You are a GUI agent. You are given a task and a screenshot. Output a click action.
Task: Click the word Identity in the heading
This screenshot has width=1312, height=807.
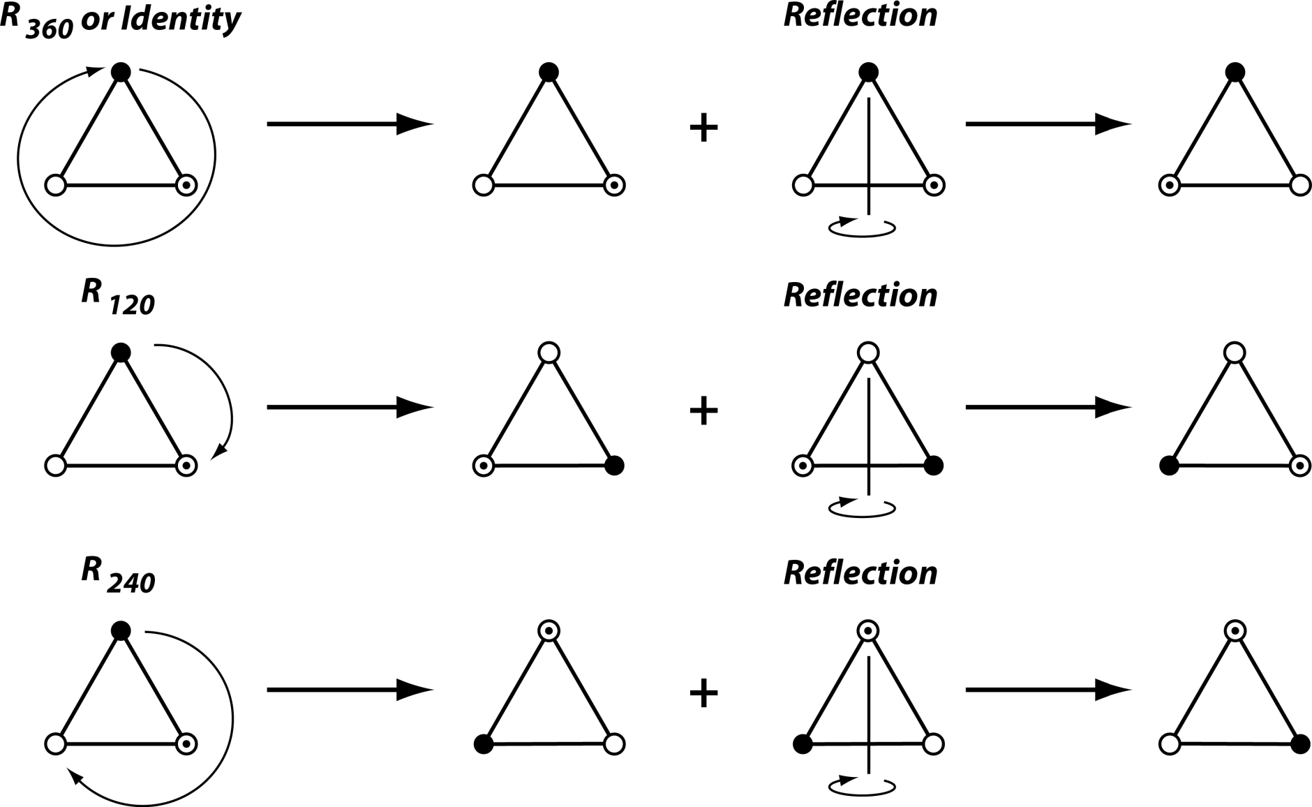tap(181, 19)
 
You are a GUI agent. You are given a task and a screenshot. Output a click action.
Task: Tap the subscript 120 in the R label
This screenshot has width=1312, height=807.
tap(132, 306)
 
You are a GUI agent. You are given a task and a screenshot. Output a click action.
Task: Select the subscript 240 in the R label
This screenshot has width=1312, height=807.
tap(132, 582)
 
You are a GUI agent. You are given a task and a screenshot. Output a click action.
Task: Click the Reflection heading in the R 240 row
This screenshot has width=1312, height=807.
tap(860, 573)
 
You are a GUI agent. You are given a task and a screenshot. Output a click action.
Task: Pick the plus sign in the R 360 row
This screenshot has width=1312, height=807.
tap(703, 129)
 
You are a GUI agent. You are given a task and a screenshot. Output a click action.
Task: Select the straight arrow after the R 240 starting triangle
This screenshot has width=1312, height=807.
tap(349, 690)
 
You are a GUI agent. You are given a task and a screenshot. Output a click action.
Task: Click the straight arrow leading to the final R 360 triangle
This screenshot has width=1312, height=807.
tap(1047, 124)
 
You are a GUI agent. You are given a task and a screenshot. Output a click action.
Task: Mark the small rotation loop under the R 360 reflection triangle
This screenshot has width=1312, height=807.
tap(862, 228)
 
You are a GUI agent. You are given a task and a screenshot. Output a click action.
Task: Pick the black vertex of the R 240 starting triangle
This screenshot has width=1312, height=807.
tap(121, 631)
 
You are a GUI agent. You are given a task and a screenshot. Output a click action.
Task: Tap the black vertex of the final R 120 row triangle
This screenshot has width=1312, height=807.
tap(1169, 466)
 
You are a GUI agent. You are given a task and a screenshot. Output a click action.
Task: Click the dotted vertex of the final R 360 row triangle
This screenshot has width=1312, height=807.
tap(1169, 186)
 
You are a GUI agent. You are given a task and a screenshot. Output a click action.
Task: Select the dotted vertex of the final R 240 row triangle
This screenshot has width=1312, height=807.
tap(1235, 631)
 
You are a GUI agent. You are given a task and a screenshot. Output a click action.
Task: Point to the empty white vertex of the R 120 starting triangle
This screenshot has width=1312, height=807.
tap(55, 466)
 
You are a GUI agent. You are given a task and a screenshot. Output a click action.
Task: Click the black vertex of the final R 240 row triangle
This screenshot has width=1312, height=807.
tap(1300, 745)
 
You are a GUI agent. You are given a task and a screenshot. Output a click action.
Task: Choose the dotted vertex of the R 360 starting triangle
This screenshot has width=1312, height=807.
tap(186, 186)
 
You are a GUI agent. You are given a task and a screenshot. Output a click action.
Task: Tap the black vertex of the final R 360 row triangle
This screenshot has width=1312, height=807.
tap(1235, 71)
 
